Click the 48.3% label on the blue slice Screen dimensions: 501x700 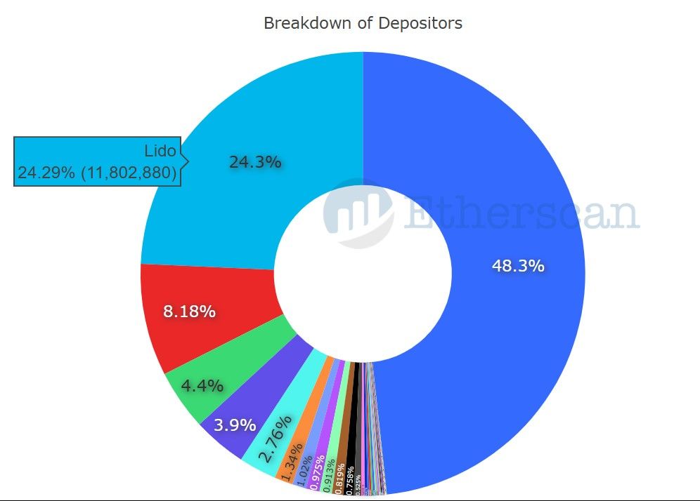(517, 266)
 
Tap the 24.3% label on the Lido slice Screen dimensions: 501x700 (255, 162)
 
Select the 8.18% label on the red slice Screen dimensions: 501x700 (189, 311)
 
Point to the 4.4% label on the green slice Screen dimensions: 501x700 (202, 385)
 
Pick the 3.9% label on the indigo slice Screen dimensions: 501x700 (235, 425)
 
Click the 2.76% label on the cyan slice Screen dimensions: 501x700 (275, 440)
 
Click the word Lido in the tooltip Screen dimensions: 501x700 (160, 151)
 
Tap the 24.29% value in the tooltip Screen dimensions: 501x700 (46, 173)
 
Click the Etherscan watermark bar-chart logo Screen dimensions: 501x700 (358, 213)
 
